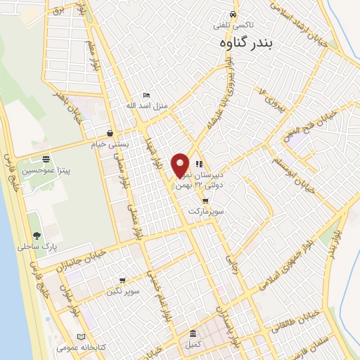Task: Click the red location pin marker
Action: pyautogui.click(x=181, y=165)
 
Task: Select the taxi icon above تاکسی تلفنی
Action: pyautogui.click(x=232, y=15)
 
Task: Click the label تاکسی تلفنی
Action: pyautogui.click(x=232, y=25)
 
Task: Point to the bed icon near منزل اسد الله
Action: pyautogui.click(x=146, y=95)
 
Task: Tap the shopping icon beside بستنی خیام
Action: pyautogui.click(x=110, y=133)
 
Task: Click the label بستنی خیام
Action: pyautogui.click(x=112, y=143)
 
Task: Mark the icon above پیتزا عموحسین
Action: pyautogui.click(x=46, y=159)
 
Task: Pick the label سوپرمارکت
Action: pyautogui.click(x=205, y=211)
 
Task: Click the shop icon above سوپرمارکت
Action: pyautogui.click(x=205, y=201)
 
